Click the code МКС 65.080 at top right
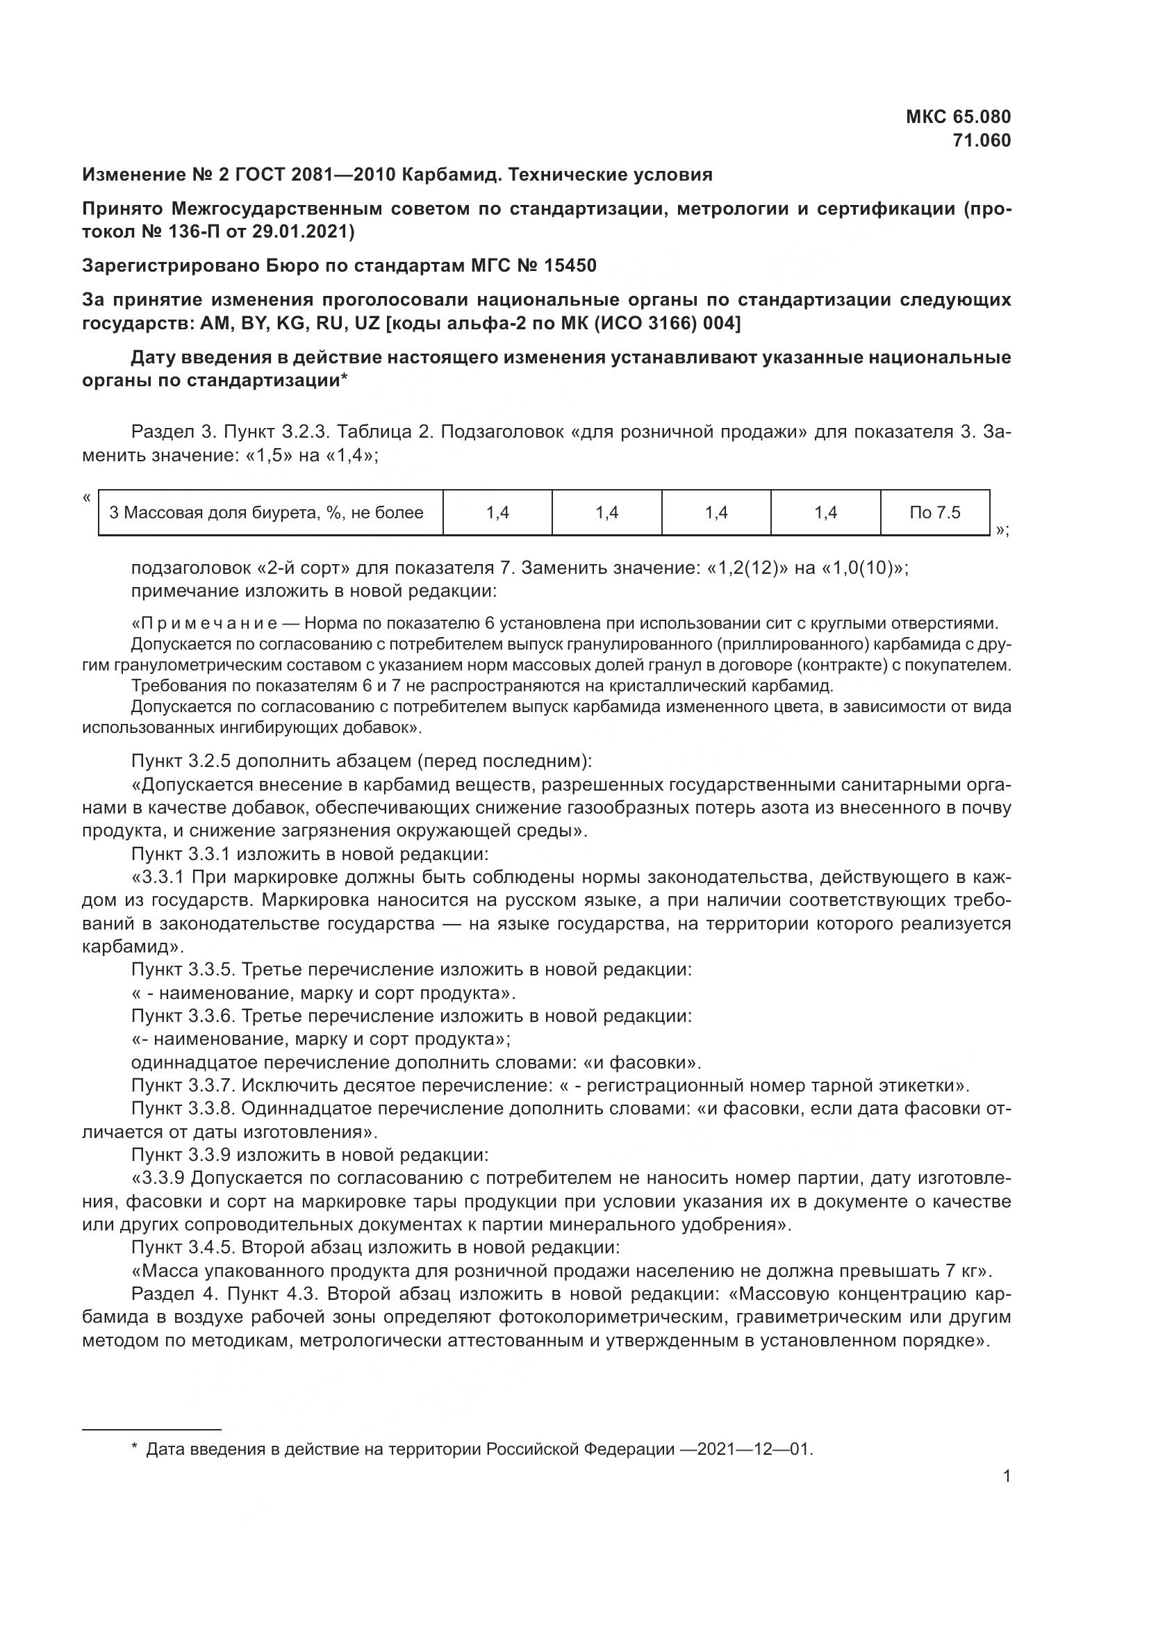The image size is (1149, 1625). pyautogui.click(x=958, y=117)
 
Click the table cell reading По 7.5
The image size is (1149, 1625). pyautogui.click(x=934, y=513)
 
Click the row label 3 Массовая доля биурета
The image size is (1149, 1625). pyautogui.click(x=266, y=513)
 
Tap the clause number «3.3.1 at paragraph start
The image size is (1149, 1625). pyautogui.click(x=158, y=877)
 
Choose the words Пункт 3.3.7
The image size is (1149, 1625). pyautogui.click(x=183, y=1086)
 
